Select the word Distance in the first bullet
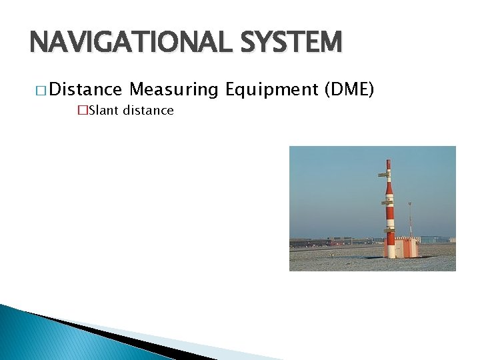[85, 89]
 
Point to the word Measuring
[174, 89]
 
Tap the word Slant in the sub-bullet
[103, 111]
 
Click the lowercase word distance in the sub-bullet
[147, 111]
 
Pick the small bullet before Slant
[82, 111]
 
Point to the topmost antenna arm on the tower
[383, 175]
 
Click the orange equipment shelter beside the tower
[407, 247]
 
